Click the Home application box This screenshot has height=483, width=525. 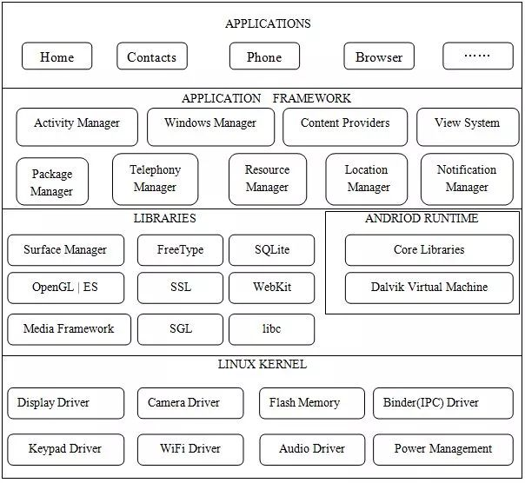tap(56, 56)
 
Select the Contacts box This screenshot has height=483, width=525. tap(152, 56)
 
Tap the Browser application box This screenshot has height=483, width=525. tap(379, 56)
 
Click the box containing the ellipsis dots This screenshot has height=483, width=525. tap(478, 56)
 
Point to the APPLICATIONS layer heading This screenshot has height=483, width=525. tap(268, 23)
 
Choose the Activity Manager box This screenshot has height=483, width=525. tap(77, 127)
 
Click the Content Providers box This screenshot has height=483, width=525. tap(345, 127)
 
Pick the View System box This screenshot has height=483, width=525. tap(468, 127)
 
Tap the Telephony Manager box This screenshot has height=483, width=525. tap(156, 179)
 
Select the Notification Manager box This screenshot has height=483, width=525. tap(467, 179)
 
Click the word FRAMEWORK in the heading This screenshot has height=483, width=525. tap(312, 98)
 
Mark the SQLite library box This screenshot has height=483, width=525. tap(272, 250)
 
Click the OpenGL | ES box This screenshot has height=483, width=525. tap(66, 288)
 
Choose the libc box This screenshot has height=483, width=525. tap(272, 329)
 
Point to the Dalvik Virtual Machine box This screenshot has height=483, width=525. tap(429, 288)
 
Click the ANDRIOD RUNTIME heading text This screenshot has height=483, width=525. tap(422, 218)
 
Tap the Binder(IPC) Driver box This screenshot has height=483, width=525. tap(443, 403)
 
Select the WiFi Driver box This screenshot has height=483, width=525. tap(190, 449)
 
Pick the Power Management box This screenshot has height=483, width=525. tap(443, 449)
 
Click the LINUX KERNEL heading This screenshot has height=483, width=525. tap(262, 364)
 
